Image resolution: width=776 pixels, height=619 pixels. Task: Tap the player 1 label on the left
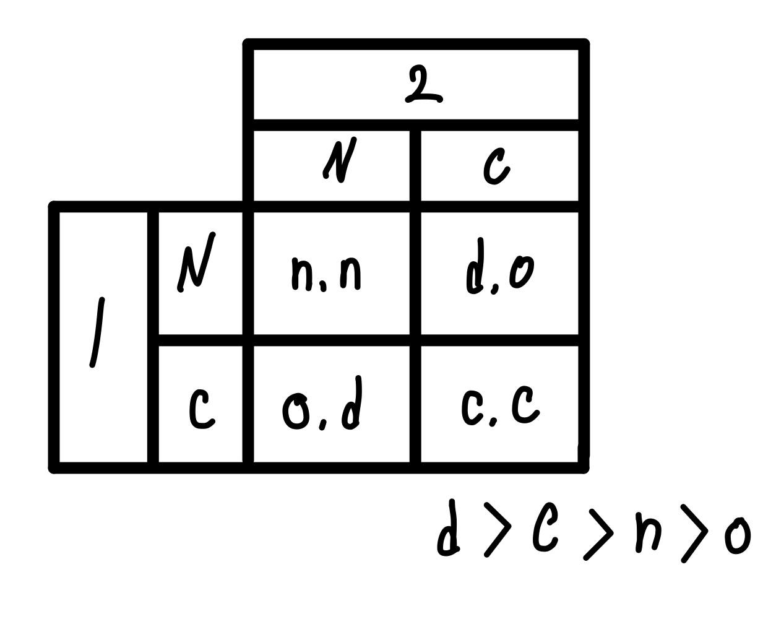tap(97, 333)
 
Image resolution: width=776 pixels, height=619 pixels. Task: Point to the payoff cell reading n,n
tap(327, 274)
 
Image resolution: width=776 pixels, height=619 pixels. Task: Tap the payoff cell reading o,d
tap(323, 407)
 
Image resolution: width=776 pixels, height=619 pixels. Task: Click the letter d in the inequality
tap(449, 532)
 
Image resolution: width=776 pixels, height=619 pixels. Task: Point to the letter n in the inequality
tap(649, 533)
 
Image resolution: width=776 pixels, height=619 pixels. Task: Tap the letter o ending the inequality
tap(738, 536)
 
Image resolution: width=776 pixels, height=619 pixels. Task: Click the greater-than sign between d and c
tap(498, 529)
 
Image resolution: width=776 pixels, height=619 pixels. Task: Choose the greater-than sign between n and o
tap(694, 533)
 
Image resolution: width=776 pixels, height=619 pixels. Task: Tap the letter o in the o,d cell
tap(296, 412)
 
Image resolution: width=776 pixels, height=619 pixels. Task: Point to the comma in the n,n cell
tap(323, 285)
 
